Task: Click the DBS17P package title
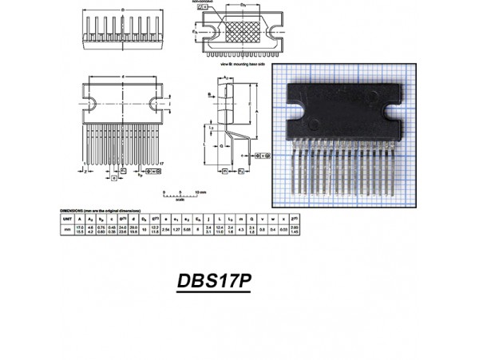pos(214,283)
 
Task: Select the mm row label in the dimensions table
pos(68,229)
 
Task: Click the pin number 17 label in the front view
pos(163,162)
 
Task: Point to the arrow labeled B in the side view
pos(211,93)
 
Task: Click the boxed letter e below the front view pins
pos(114,178)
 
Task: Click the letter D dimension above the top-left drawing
pos(122,10)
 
